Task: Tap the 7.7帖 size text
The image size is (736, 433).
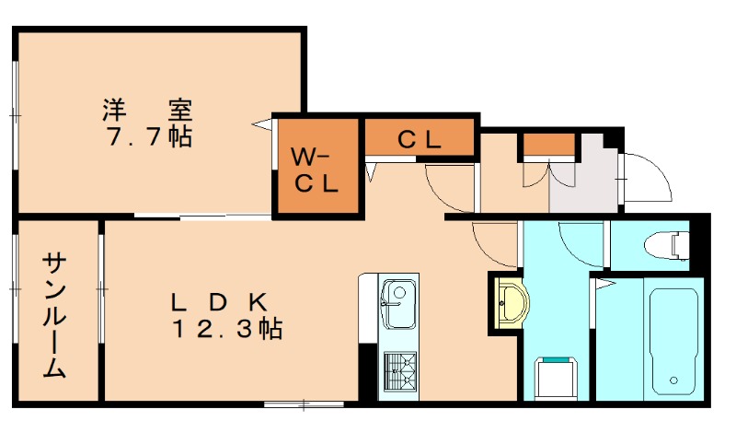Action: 148,138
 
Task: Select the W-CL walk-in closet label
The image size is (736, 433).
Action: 316,169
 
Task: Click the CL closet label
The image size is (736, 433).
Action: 420,139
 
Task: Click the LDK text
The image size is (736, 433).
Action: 220,301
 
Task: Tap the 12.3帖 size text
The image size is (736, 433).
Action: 225,328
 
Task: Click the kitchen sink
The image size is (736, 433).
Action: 398,305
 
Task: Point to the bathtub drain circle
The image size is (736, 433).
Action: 674,379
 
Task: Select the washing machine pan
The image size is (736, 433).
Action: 555,375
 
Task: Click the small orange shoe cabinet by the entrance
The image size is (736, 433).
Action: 548,145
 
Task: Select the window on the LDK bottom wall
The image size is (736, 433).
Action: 294,404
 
